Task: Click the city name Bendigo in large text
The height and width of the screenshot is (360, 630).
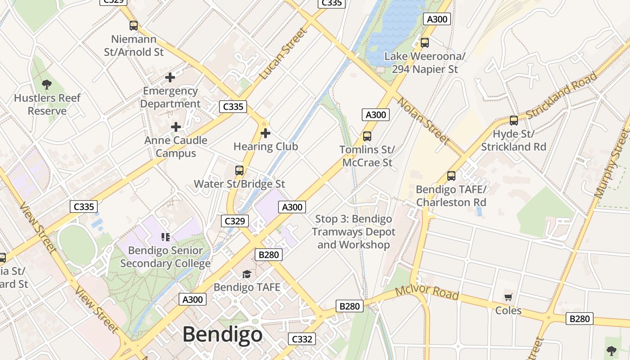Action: (x=222, y=334)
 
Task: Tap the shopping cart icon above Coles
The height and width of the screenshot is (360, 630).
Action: (x=508, y=297)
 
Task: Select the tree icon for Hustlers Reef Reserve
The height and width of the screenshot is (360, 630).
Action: (x=46, y=84)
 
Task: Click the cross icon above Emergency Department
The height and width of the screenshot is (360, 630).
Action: (x=170, y=77)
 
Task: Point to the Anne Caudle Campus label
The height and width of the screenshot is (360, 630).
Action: (x=176, y=147)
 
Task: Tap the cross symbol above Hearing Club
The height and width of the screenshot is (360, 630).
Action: (x=265, y=133)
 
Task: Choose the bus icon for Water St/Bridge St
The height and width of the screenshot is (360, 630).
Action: (x=239, y=171)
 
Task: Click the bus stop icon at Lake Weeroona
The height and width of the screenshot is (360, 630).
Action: (x=424, y=43)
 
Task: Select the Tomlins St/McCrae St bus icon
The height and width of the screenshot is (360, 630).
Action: (x=367, y=136)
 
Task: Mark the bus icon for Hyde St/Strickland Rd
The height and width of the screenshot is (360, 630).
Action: (x=513, y=120)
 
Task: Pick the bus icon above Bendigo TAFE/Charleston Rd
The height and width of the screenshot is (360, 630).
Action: (x=451, y=176)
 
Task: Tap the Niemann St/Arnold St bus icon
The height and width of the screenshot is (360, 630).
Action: (x=134, y=26)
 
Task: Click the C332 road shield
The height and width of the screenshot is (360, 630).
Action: (x=301, y=339)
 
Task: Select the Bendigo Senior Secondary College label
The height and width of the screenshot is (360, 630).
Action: (x=165, y=257)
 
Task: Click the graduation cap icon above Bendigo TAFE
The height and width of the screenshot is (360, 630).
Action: (x=247, y=274)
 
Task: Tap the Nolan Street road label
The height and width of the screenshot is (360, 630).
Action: (x=423, y=121)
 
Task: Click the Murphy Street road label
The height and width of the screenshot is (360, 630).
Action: (x=612, y=164)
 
